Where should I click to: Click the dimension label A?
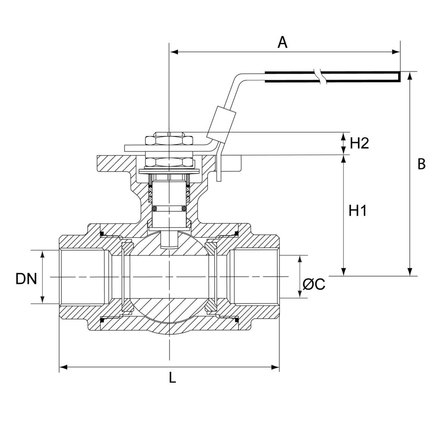coord(283,42)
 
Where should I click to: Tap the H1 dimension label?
coord(358,211)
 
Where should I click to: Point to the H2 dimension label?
coord(360,143)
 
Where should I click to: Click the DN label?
coord(26,279)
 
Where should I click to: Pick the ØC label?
coord(314,284)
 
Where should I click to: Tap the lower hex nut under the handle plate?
coord(169,162)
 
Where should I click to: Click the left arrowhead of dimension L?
coord(63,368)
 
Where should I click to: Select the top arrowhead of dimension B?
coord(410,75)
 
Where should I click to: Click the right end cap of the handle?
coord(398,76)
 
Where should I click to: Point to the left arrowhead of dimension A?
coord(173,52)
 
